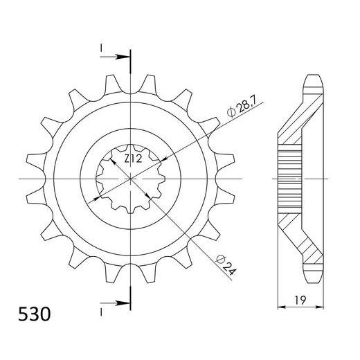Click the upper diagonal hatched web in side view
pos(303,118)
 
